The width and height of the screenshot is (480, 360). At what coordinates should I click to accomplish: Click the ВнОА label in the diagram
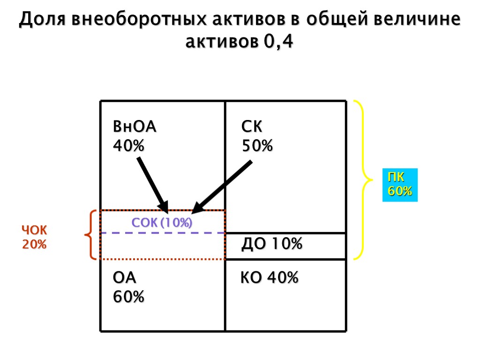[x=135, y=127]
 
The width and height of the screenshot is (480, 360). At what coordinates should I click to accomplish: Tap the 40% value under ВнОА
[x=129, y=146]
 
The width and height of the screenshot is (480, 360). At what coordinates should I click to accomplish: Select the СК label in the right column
[x=252, y=127]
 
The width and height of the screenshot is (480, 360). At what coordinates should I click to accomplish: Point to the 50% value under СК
[x=257, y=146]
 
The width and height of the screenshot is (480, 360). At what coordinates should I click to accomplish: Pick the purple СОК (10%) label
[x=162, y=223]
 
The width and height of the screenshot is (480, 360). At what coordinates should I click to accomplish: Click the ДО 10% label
[x=271, y=244]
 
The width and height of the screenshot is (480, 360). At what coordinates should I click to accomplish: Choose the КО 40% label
[x=270, y=278]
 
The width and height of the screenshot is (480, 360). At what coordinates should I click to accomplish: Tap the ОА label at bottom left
[x=125, y=278]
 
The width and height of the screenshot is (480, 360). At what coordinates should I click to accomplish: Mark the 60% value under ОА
[x=129, y=297]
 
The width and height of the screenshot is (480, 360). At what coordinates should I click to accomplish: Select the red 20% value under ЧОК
[x=35, y=244]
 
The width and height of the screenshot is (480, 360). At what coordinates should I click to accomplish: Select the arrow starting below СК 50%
[x=223, y=186]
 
